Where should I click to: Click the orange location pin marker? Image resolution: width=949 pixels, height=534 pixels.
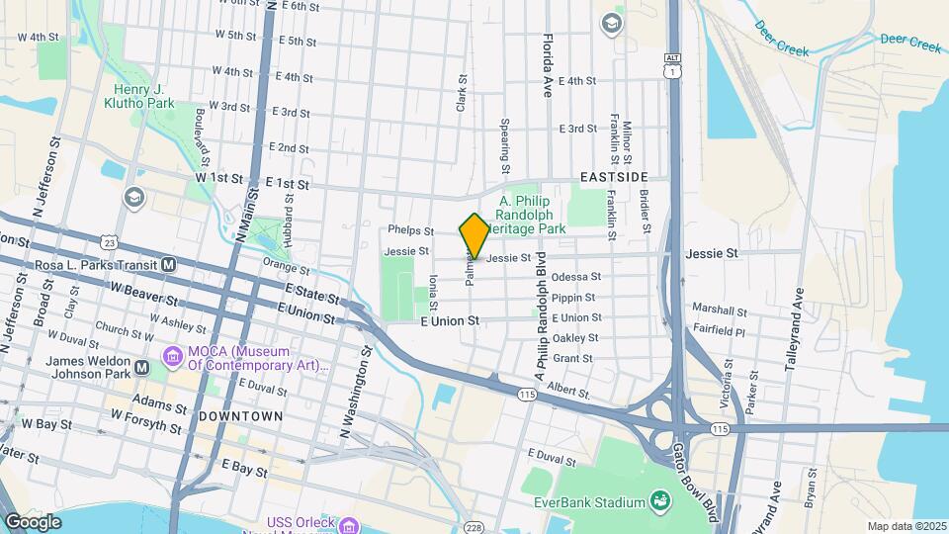(474, 235)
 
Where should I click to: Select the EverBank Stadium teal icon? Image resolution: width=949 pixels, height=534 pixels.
(657, 501)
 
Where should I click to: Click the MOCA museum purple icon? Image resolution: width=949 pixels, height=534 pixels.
(172, 355)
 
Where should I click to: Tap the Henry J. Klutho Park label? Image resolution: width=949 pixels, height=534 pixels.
(138, 95)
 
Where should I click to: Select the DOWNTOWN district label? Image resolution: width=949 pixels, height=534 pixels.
(241, 416)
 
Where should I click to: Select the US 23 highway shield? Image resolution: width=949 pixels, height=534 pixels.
(110, 241)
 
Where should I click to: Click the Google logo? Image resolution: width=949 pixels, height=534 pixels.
(33, 521)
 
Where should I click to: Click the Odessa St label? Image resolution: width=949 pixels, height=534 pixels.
(576, 277)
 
